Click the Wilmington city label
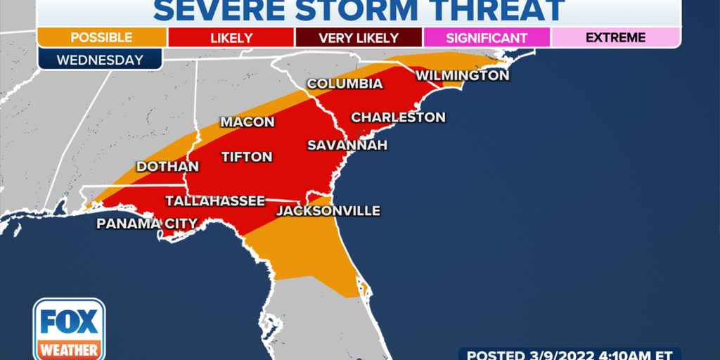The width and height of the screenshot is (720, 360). pos(462,75)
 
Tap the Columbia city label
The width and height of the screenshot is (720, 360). pos(345,84)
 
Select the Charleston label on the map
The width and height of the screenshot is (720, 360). pos(398,117)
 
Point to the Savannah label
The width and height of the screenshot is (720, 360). pos(347,146)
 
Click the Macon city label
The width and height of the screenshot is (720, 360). pos(247,122)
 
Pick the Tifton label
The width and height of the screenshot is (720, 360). pos(247,157)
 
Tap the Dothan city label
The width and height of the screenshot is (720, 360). pos(167,167)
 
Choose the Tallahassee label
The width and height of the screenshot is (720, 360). pos(215,201)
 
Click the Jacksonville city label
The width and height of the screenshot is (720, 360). pos(328,211)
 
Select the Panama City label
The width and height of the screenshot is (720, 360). pos(147,224)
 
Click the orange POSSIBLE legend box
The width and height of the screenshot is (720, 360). pos(102,37)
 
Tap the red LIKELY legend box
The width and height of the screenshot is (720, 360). pos(231,37)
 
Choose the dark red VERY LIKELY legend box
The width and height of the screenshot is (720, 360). pos(359,37)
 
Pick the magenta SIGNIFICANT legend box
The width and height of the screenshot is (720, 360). pos(487,37)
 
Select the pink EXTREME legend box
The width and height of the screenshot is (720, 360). pos(615,37)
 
